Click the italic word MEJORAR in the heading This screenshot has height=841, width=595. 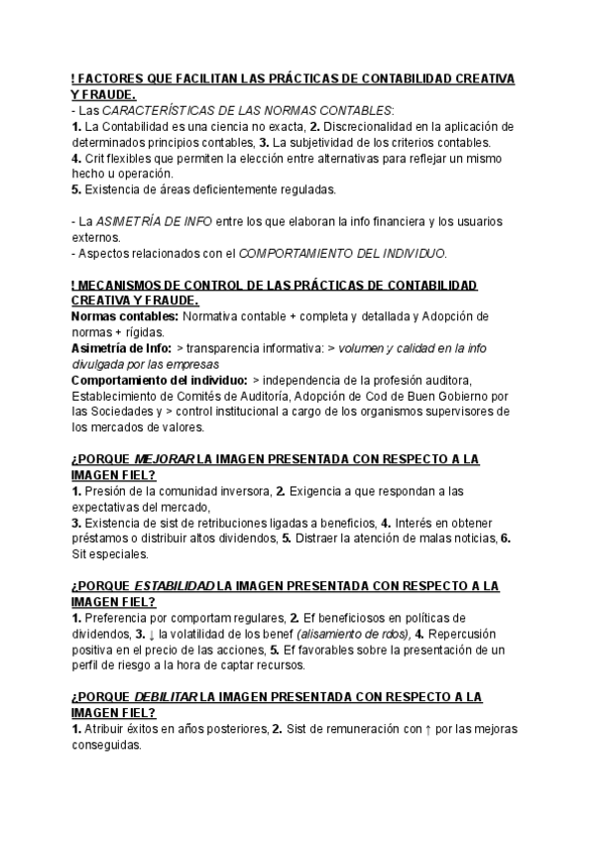point(163,458)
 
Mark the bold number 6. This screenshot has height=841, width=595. point(505,538)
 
